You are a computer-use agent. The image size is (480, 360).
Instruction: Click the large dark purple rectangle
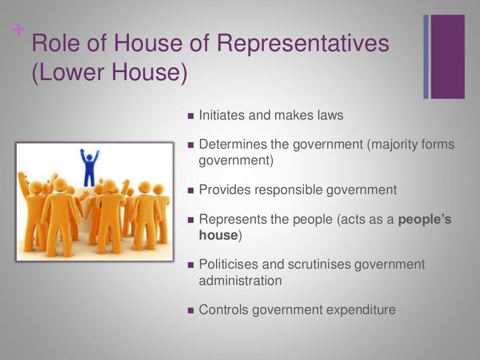point(448,57)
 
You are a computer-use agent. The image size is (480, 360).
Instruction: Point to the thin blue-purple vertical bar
point(426,57)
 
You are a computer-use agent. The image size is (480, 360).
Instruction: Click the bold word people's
point(425,219)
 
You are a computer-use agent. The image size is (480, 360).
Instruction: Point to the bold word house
point(218,235)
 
